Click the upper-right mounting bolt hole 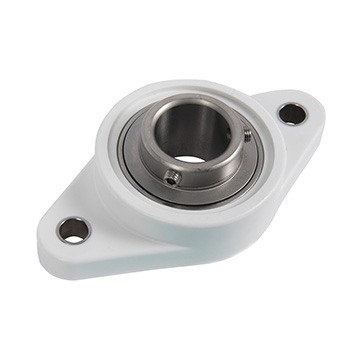292,113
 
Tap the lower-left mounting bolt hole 73,230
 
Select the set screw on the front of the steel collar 173,177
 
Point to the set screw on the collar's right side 246,133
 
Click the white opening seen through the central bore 189,154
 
